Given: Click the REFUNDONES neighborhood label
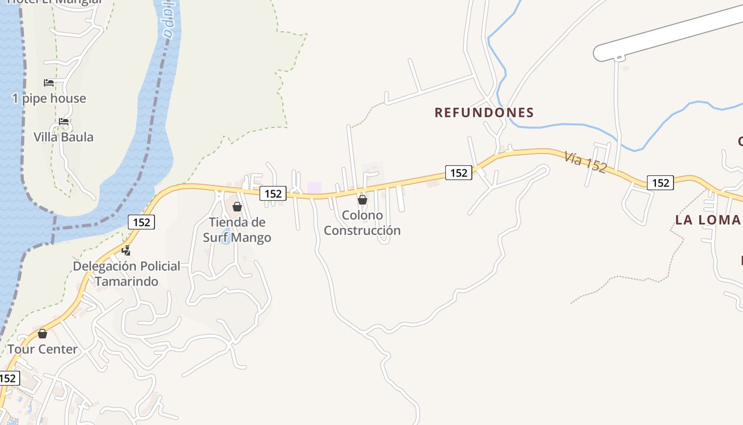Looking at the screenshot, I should pyautogui.click(x=484, y=112).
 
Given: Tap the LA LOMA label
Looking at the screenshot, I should pyautogui.click(x=707, y=220).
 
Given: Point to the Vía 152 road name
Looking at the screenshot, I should pyautogui.click(x=585, y=161).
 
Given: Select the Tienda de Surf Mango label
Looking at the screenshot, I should pyautogui.click(x=237, y=229).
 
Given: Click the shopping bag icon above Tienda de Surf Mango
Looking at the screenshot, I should pyautogui.click(x=237, y=206).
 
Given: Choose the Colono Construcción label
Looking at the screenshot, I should pyautogui.click(x=362, y=223).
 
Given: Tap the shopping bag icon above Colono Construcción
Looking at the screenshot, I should pyautogui.click(x=362, y=200).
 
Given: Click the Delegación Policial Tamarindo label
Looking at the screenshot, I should pyautogui.click(x=127, y=274).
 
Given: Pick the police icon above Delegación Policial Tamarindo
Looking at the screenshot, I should pyautogui.click(x=126, y=250).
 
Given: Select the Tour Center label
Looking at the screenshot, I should pyautogui.click(x=42, y=349).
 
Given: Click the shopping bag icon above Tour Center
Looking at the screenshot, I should pyautogui.click(x=42, y=334).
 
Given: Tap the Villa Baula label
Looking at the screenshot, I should pyautogui.click(x=64, y=137).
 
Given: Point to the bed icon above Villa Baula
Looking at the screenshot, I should pyautogui.click(x=64, y=121).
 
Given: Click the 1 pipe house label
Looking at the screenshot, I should pyautogui.click(x=49, y=98).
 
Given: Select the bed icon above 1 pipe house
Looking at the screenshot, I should pyautogui.click(x=49, y=82).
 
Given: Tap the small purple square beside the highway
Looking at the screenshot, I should pyautogui.click(x=315, y=188).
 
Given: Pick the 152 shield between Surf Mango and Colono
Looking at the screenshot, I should pyautogui.click(x=273, y=193).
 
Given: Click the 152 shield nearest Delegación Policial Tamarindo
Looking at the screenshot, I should pyautogui.click(x=142, y=222).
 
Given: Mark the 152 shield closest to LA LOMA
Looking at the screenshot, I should pyautogui.click(x=660, y=183).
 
